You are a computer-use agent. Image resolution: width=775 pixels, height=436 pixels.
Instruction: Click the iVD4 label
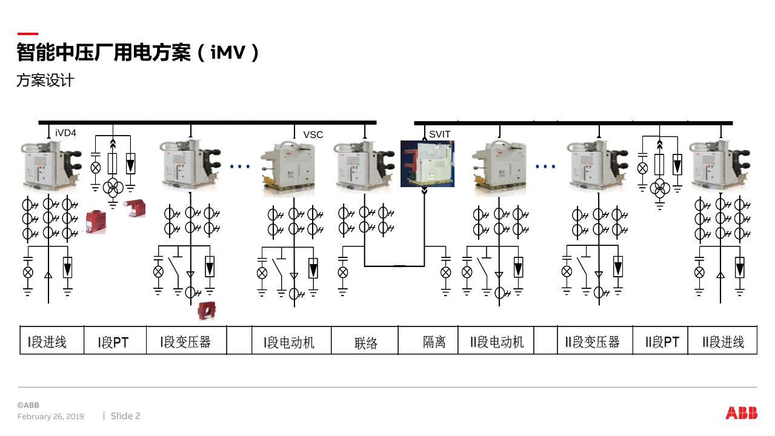(65, 133)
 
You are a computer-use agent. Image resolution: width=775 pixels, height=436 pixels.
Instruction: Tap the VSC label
(313, 134)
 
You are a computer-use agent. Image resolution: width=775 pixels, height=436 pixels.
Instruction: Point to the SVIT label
(440, 134)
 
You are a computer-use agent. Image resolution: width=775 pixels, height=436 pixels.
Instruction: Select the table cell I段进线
(47, 342)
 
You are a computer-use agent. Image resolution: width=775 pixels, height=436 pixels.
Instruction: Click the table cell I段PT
(113, 342)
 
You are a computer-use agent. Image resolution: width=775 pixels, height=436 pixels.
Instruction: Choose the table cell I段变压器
(185, 342)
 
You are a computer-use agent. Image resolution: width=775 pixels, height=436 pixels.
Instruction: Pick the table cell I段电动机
(289, 342)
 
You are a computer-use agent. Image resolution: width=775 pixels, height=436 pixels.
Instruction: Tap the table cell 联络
(366, 343)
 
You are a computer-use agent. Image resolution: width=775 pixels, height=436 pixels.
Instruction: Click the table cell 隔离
(434, 342)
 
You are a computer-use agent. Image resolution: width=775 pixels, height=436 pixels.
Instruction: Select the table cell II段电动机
(497, 342)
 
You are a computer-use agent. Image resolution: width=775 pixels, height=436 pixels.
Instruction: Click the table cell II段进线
(723, 342)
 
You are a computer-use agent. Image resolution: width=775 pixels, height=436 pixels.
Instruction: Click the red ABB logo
(741, 413)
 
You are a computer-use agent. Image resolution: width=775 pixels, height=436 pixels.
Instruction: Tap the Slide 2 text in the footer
(125, 416)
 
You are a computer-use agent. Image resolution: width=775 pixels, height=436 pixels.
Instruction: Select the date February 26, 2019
(51, 417)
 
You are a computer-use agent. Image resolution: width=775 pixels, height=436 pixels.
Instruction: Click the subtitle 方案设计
(45, 80)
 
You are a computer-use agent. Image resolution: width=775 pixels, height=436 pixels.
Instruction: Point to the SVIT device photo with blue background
(427, 163)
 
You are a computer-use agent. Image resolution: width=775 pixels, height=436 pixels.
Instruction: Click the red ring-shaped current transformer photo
(207, 311)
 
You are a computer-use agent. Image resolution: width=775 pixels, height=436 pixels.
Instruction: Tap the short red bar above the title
(27, 34)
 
